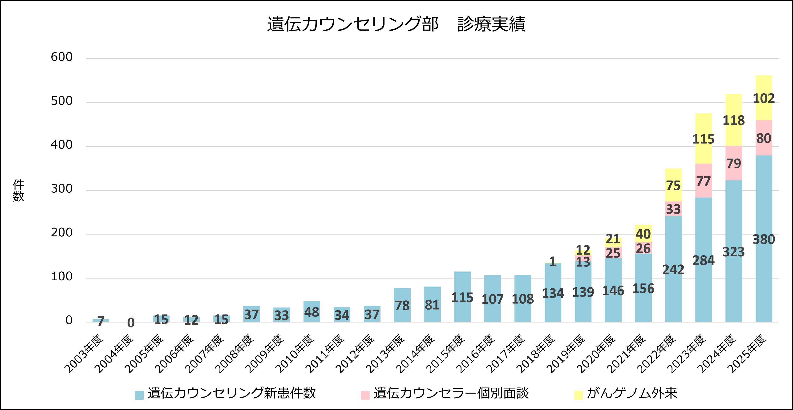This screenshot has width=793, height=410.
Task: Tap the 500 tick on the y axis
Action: [61, 101]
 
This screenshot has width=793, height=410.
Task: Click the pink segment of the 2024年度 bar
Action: [734, 163]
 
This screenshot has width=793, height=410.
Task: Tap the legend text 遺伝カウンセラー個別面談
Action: [451, 393]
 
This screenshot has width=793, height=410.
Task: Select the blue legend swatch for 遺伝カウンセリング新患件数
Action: [139, 395]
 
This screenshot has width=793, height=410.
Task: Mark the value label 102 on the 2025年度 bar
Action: [764, 98]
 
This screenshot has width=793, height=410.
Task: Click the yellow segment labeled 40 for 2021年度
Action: [643, 234]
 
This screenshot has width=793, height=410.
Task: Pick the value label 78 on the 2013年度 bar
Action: [402, 305]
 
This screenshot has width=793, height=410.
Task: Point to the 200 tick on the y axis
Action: [61, 233]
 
